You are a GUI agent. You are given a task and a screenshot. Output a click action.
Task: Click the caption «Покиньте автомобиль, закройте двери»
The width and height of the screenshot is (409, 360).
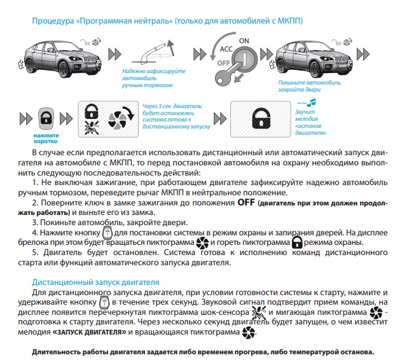(310, 87)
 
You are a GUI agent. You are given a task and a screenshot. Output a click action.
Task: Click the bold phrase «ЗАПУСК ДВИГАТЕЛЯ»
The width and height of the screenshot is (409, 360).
(88, 332)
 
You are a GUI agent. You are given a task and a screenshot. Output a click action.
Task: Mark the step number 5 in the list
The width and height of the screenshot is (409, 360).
(34, 253)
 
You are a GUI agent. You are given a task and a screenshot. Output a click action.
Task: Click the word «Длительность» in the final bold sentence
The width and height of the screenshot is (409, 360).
(59, 351)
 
